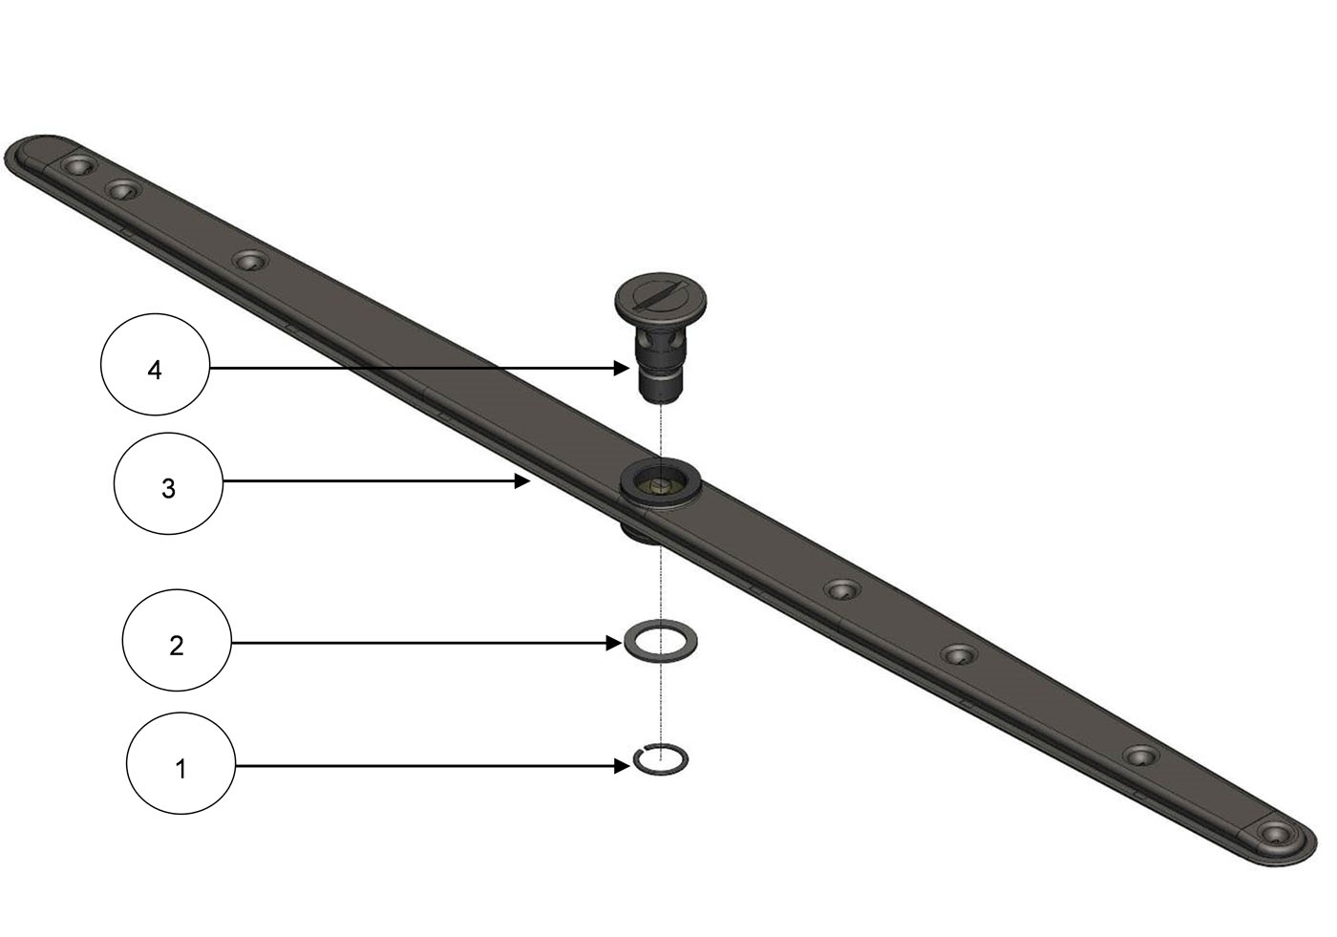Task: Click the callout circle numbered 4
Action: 155,365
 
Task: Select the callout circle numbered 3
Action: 168,483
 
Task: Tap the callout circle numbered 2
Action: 177,640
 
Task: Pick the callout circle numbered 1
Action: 180,763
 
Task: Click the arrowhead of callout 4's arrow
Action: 622,369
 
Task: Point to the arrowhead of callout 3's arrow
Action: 523,481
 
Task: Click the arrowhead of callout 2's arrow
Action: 614,643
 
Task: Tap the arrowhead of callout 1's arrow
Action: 622,766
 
